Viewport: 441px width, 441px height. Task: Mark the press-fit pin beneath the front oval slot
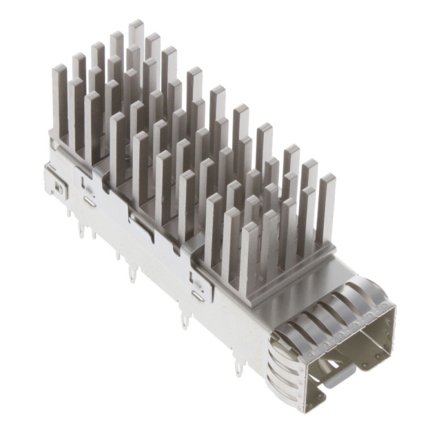184,319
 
